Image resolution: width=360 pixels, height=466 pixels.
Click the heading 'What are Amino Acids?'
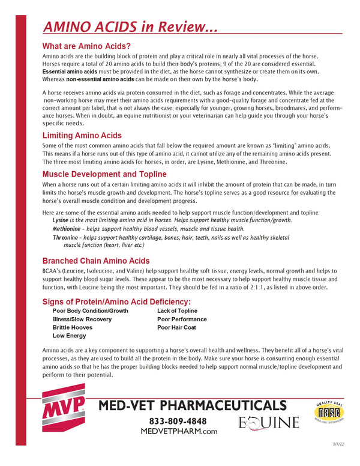click(86, 46)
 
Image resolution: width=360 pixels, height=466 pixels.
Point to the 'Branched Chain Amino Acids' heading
click(104, 261)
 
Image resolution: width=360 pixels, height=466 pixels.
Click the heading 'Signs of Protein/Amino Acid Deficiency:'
click(117, 301)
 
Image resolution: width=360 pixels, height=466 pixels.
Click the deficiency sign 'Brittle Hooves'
click(73, 328)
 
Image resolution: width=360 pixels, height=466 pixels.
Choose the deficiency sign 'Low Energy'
click(69, 336)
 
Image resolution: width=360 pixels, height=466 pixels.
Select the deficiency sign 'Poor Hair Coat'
click(176, 328)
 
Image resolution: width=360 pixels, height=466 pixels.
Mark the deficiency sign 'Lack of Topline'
click(177, 311)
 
